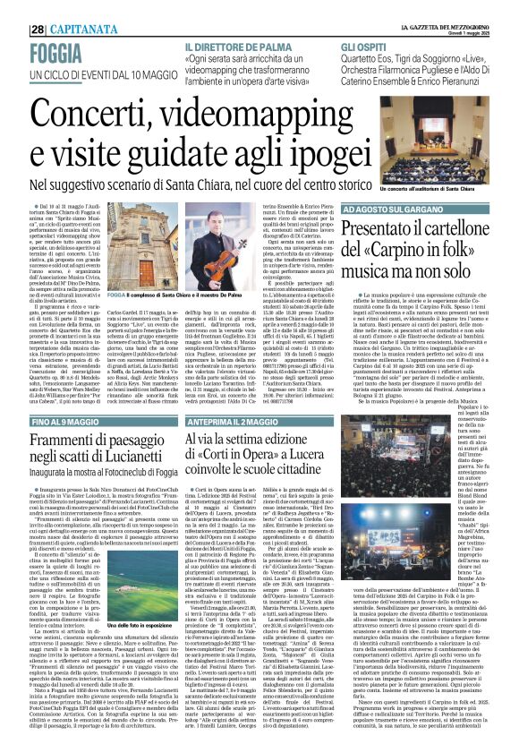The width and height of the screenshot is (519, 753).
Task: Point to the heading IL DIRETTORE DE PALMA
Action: tap(237, 45)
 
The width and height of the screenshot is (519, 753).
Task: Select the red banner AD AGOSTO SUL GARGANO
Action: tap(389, 208)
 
